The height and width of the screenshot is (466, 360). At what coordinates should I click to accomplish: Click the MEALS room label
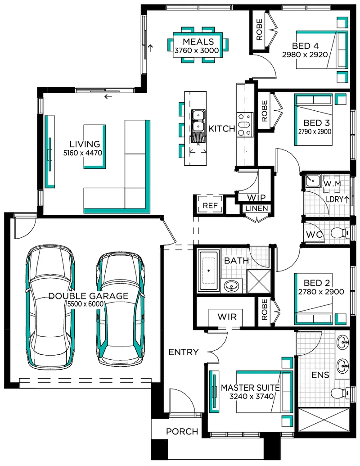[198, 41]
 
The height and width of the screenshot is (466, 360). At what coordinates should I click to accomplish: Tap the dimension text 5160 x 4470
[83, 153]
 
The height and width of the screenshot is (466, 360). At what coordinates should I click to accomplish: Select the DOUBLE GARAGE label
[88, 296]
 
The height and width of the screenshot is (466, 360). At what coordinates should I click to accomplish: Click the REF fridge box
[210, 205]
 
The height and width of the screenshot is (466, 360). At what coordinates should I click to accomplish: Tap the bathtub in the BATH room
[209, 271]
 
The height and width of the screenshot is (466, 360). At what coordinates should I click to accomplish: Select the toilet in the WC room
[341, 232]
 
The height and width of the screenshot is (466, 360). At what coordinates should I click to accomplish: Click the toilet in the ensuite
[341, 393]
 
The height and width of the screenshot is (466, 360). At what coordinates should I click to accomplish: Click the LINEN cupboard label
[257, 208]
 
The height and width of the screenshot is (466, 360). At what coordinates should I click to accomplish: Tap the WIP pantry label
[256, 198]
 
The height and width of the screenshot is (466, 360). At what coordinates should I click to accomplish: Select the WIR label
[227, 317]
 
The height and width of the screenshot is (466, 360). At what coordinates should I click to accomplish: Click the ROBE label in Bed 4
[259, 30]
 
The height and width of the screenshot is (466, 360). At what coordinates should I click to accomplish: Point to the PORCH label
[182, 431]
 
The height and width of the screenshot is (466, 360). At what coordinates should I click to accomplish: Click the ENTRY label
[183, 352]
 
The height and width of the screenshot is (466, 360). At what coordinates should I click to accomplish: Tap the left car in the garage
[50, 306]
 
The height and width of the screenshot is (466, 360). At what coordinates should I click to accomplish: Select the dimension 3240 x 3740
[251, 396]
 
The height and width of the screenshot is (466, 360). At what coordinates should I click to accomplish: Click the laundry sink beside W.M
[313, 181]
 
